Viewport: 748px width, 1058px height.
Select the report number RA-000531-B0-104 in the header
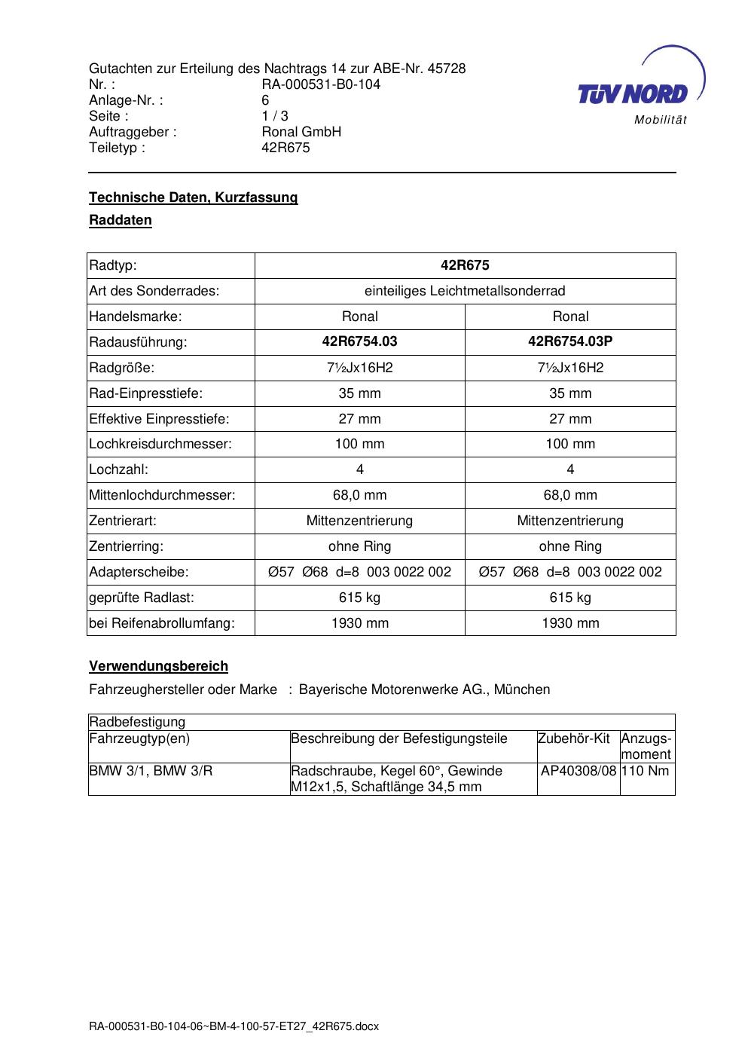click(321, 84)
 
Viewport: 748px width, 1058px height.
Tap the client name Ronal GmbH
click(301, 132)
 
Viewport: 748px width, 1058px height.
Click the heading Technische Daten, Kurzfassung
click(194, 197)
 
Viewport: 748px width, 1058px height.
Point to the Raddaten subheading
click(121, 221)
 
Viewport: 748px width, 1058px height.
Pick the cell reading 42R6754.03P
click(570, 341)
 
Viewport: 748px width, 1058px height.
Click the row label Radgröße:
click(121, 368)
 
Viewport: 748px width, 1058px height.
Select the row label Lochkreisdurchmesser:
click(160, 444)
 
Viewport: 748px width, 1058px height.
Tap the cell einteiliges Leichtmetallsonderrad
click(465, 291)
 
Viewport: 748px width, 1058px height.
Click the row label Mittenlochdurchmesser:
click(162, 495)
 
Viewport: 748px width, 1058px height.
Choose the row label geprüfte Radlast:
click(142, 598)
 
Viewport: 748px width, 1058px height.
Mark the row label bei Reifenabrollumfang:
click(162, 623)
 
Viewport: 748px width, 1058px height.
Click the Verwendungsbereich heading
click(158, 666)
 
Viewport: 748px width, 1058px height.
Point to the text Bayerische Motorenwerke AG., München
click(424, 690)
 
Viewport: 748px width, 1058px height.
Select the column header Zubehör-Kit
click(574, 738)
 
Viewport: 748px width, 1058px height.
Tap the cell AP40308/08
click(579, 771)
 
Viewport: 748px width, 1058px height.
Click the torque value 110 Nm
click(646, 771)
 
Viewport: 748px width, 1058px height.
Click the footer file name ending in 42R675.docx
click(234, 1026)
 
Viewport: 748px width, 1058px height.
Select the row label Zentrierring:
click(126, 546)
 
